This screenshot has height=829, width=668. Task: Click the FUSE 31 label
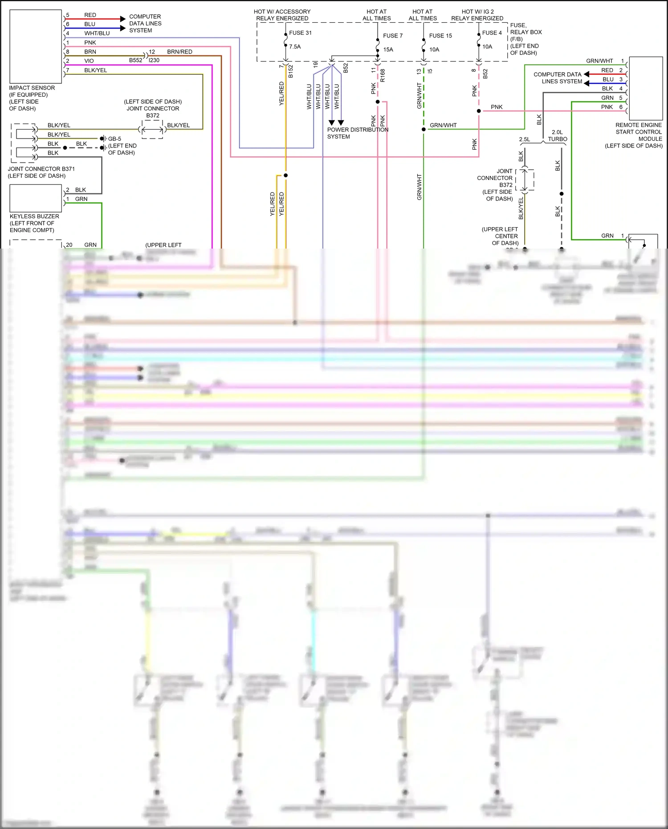300,33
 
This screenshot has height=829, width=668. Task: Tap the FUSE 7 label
392,36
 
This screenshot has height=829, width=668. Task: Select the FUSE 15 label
440,36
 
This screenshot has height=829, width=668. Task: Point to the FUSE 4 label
492,33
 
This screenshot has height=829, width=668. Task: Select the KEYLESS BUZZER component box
36,198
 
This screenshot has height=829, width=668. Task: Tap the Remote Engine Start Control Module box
646,88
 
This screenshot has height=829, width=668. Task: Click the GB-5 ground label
114,139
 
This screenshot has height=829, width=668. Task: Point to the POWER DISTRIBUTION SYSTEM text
357,133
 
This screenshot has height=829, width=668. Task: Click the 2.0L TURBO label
557,136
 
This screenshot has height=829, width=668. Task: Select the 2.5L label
525,139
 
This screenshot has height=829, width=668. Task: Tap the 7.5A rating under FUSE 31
295,47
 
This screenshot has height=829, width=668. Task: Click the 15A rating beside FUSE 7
388,50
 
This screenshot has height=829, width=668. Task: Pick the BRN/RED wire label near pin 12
179,52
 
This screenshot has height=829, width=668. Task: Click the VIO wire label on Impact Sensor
89,61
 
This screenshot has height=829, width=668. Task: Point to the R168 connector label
383,75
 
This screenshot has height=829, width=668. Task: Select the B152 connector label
291,71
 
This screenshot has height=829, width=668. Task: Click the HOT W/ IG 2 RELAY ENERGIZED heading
477,15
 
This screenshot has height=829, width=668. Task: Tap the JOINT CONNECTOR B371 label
41,172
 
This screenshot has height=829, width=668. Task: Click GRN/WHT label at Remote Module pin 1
599,61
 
